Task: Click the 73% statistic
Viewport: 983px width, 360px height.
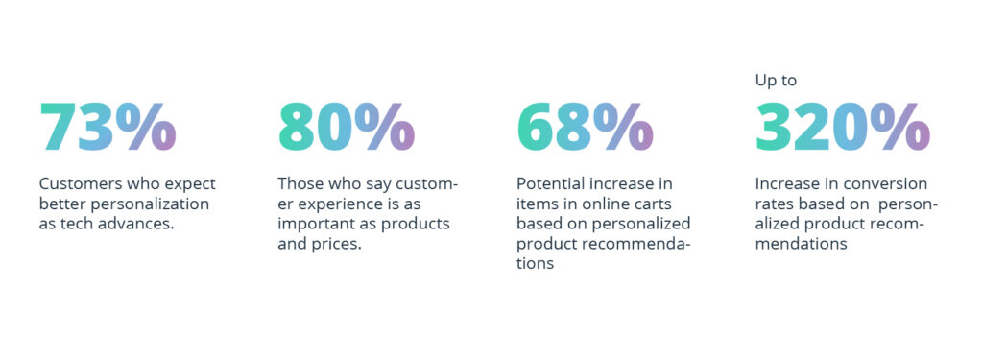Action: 108,127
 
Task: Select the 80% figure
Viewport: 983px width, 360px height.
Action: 346,127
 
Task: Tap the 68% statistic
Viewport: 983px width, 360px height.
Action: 585,127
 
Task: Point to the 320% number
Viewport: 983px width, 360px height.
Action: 842,127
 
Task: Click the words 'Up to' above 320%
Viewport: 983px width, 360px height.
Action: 776,81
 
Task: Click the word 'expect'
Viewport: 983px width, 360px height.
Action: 190,183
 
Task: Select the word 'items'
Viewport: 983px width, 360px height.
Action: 537,204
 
